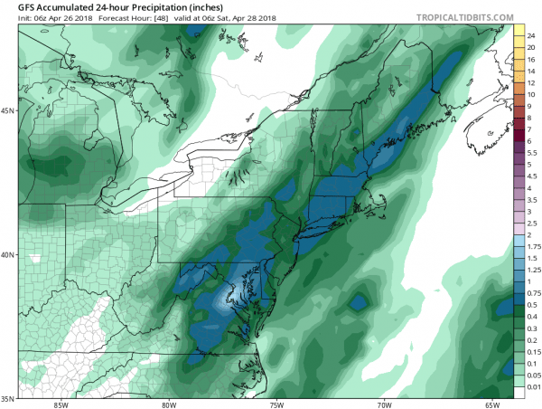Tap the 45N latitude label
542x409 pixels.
pyautogui.click(x=8, y=111)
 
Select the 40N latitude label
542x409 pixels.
pyautogui.click(x=8, y=254)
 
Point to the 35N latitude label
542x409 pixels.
pyautogui.click(x=8, y=397)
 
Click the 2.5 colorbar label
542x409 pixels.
pyautogui.click(x=532, y=223)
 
